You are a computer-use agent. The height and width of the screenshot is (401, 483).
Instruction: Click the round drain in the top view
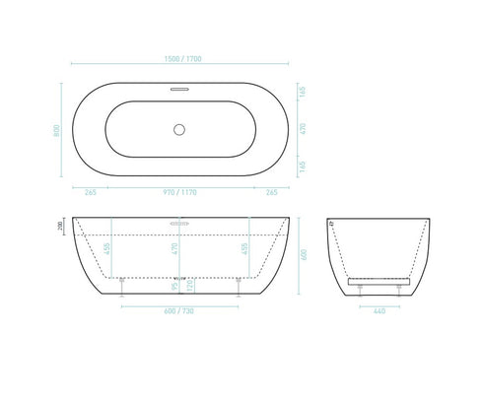coord(179,128)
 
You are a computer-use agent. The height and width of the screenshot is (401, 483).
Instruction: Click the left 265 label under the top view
coord(90,193)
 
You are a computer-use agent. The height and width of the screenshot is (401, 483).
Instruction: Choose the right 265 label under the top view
coord(271,193)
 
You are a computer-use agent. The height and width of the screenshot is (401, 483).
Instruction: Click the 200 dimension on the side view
coord(62,226)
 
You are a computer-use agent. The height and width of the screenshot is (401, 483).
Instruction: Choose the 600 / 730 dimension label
coord(179,312)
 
